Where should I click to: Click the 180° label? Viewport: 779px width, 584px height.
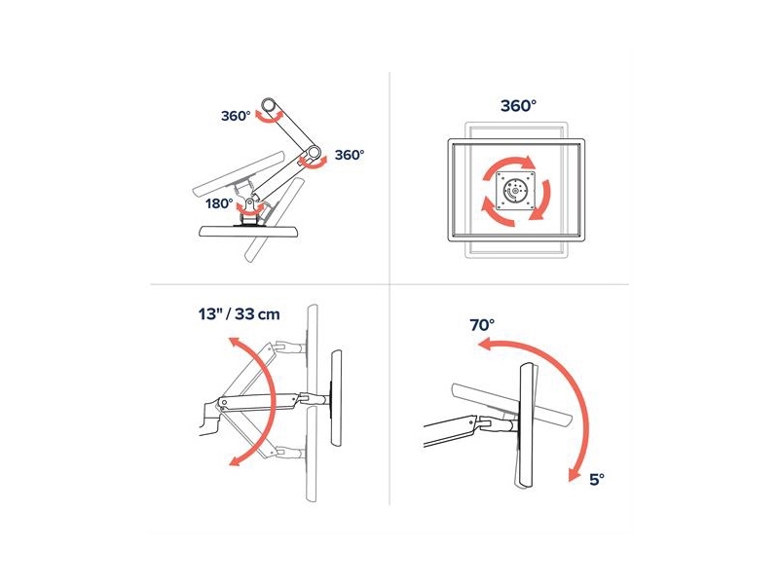[219, 203]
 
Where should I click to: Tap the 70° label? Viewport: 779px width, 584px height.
[482, 325]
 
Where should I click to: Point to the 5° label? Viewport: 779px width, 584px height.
[597, 480]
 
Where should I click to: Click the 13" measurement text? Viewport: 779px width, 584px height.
[209, 313]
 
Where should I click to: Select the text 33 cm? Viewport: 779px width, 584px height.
[257, 314]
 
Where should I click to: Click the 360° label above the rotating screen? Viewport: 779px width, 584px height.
[518, 106]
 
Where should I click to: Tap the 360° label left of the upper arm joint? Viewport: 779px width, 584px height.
[236, 116]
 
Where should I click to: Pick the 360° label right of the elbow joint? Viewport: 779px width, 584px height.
[350, 155]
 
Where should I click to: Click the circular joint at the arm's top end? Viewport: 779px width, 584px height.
[270, 106]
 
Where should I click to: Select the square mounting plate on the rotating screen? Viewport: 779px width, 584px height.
[517, 191]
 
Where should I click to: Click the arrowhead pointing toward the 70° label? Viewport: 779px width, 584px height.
[483, 345]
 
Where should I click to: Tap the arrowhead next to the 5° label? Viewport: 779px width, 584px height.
[575, 475]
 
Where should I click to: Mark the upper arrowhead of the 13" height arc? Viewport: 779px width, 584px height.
[234, 342]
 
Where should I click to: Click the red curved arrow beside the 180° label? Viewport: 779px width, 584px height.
[249, 209]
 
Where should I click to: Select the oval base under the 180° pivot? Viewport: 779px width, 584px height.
[248, 231]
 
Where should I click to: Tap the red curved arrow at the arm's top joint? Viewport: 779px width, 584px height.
[269, 117]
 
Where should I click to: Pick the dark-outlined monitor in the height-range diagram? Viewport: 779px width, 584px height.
[336, 398]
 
